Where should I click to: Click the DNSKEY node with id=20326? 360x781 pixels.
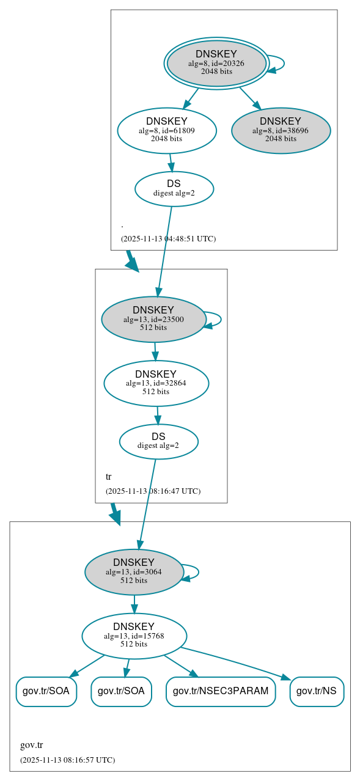tap(216, 63)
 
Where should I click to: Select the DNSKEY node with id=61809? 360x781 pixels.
tap(167, 130)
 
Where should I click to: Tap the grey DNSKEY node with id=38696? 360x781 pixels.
tap(281, 130)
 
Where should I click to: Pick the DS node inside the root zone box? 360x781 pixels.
tap(174, 188)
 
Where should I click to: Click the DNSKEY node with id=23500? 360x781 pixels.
tap(153, 319)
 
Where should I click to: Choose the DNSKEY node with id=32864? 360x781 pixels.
tap(156, 383)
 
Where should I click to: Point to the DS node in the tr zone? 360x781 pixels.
tap(158, 441)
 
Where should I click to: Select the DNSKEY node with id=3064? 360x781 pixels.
tap(134, 571)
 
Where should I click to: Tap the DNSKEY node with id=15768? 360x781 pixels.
tap(134, 636)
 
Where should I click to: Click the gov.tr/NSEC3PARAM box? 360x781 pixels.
tap(221, 691)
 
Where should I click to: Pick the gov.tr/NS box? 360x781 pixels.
tap(316, 691)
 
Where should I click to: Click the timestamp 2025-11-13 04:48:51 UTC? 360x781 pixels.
tap(168, 238)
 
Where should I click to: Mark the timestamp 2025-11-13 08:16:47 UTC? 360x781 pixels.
tap(153, 491)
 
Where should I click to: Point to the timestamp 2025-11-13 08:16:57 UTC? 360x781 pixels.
tap(67, 760)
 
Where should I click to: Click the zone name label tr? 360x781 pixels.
tap(109, 477)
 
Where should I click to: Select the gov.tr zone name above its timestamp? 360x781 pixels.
tap(31, 745)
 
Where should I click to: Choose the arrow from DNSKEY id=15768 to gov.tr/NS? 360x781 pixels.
tap(238, 662)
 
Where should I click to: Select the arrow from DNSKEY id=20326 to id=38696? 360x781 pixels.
tap(249, 98)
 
